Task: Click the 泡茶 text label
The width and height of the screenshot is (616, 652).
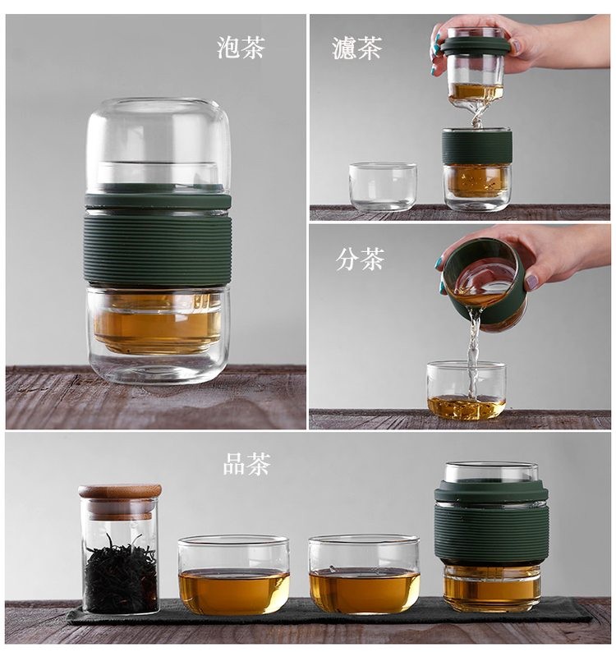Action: (x=241, y=47)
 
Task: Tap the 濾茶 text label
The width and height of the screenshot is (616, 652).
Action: (x=357, y=48)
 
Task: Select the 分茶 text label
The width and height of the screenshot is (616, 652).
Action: (x=360, y=259)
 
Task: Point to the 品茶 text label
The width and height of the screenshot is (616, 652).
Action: (x=247, y=464)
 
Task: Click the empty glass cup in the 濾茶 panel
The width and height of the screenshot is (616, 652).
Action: (x=383, y=186)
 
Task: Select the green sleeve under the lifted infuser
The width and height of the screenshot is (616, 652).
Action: (x=476, y=147)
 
